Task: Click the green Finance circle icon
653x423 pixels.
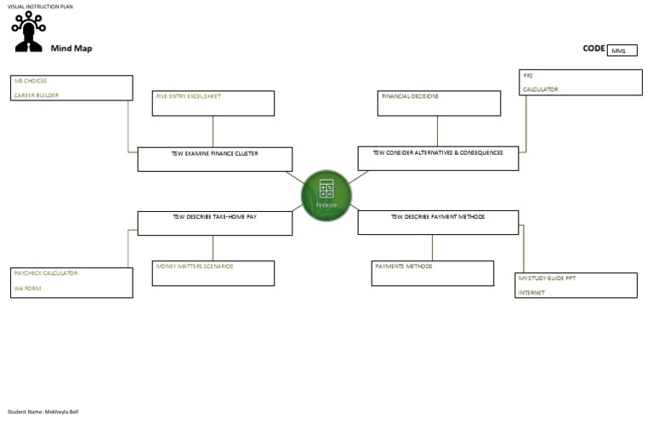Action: [326, 195]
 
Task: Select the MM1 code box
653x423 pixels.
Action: [622, 50]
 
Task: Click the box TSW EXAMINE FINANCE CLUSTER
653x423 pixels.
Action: [215, 158]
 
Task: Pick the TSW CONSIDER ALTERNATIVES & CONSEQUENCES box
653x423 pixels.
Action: [438, 157]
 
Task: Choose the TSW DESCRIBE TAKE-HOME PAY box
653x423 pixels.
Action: [215, 222]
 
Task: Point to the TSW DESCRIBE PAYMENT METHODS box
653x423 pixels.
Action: [438, 221]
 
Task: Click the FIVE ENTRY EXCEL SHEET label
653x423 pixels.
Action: [188, 96]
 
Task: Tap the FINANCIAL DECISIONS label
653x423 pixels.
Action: [410, 96]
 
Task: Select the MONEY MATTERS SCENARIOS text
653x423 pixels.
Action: [194, 266]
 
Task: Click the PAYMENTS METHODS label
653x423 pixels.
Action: [404, 266]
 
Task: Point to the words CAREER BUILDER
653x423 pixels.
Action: [36, 95]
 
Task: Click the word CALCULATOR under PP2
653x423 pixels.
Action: [540, 89]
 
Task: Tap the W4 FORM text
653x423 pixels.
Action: [27, 289]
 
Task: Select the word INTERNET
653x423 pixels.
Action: [532, 293]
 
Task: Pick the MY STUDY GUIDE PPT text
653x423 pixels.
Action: [547, 278]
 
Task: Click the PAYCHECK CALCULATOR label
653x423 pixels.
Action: [46, 273]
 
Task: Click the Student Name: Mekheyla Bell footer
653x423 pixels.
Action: [43, 412]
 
